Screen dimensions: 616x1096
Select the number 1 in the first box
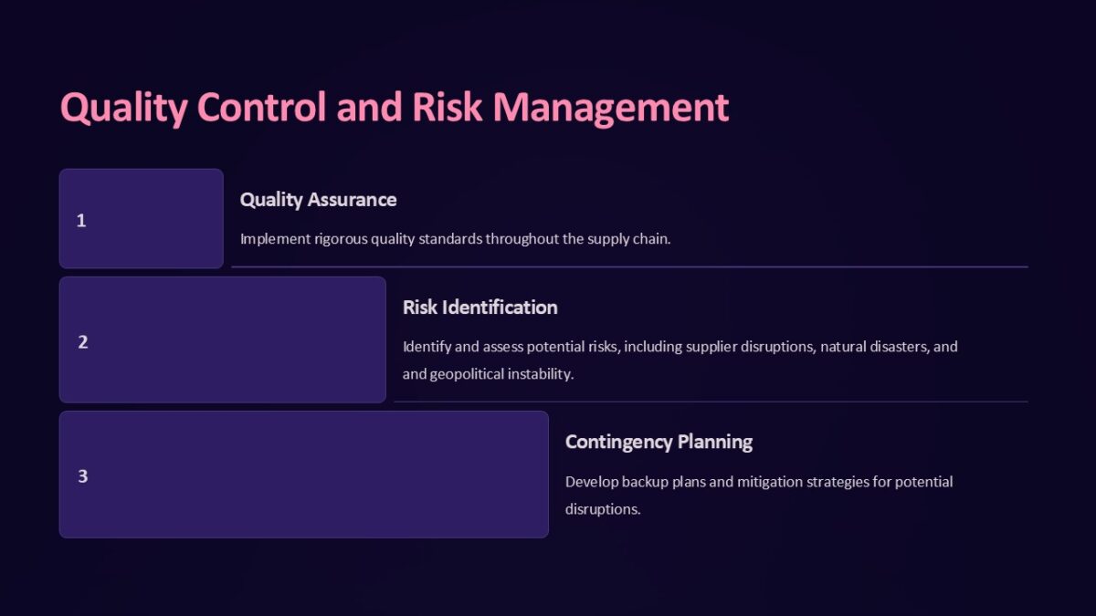click(x=81, y=220)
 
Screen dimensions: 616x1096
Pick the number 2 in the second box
click(x=82, y=342)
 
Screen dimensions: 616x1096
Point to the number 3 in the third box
click(x=82, y=476)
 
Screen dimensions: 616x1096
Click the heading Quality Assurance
click(x=318, y=199)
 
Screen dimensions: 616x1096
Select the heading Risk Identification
click(x=479, y=307)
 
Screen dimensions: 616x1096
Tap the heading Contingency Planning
click(x=659, y=442)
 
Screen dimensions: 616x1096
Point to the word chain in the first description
click(x=651, y=239)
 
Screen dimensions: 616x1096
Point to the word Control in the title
click(x=261, y=107)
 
